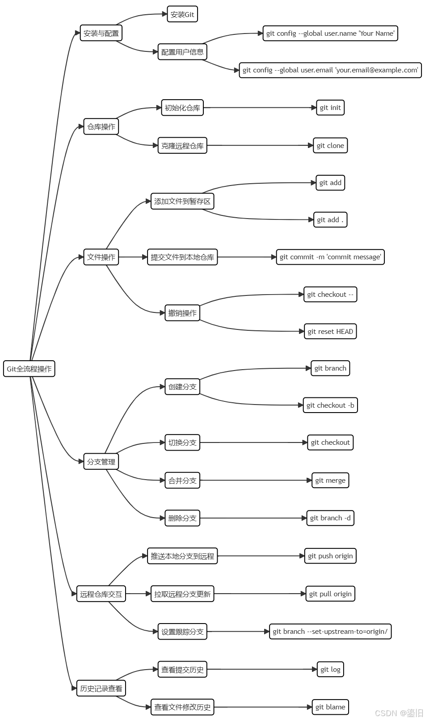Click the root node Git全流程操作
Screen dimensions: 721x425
[29, 369]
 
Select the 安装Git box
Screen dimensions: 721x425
[182, 14]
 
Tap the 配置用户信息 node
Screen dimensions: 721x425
[182, 52]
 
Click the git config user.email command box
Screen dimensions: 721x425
[330, 70]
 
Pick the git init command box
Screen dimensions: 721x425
[330, 108]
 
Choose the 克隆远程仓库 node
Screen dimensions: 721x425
[182, 146]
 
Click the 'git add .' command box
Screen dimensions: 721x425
[330, 220]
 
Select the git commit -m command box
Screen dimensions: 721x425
[330, 257]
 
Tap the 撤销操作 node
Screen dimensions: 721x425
[182, 313]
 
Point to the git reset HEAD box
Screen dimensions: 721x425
[330, 332]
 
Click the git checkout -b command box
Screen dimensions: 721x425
[330, 405]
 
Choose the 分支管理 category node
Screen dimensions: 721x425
[101, 462]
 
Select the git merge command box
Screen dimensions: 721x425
[330, 481]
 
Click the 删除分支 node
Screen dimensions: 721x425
[182, 518]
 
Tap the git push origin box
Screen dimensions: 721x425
[330, 556]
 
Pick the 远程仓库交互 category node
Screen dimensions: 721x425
[101, 594]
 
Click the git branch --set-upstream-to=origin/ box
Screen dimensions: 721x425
[330, 632]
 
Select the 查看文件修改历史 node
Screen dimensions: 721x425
[182, 707]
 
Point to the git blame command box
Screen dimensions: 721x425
[330, 707]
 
